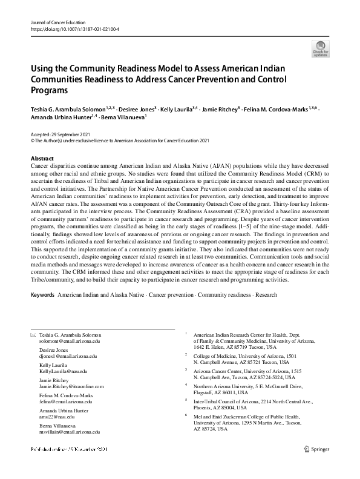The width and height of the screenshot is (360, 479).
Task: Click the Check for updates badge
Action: pyautogui.click(x=320, y=49)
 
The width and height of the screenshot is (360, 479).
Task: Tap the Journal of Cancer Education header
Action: pyautogui.click(x=58, y=22)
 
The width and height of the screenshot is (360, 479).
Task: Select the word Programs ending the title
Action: pyautogui.click(x=50, y=90)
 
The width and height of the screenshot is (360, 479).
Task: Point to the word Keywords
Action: pyautogui.click(x=42, y=295)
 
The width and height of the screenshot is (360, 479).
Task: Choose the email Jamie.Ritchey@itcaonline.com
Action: pyautogui.click(x=71, y=386)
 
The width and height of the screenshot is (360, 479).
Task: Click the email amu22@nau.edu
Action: pyautogui.click(x=57, y=417)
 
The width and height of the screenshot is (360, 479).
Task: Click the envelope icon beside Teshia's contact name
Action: pyautogui.click(x=33, y=335)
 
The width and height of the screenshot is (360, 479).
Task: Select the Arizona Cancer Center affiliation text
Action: pyautogui.click(x=217, y=370)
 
